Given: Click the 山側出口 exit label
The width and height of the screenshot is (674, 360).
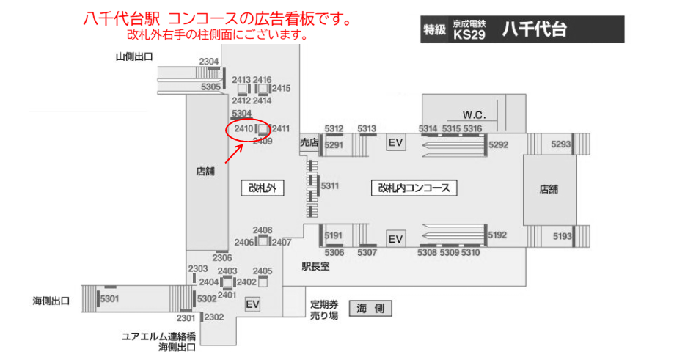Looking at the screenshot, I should (x=134, y=56).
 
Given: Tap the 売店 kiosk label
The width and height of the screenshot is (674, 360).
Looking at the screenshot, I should (x=309, y=142).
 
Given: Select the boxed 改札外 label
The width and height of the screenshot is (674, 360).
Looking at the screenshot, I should (x=262, y=188).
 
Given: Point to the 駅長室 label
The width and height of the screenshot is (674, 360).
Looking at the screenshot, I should (x=315, y=267).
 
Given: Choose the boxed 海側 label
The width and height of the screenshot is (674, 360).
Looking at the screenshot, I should (x=370, y=309).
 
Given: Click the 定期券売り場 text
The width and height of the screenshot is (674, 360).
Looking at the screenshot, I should (x=323, y=309).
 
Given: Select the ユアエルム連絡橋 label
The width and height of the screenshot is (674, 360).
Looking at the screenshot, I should (x=158, y=337).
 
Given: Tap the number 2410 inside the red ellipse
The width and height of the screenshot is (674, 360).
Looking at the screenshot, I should (x=243, y=129).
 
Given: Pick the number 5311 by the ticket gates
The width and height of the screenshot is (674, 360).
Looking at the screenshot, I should (x=330, y=185).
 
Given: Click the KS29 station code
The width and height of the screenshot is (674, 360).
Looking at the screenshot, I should (x=469, y=34).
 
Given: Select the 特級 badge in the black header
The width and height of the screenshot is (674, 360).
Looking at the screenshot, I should (x=434, y=30).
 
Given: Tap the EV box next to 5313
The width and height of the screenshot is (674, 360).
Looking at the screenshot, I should (x=396, y=142).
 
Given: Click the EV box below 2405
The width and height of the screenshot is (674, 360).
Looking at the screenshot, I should (x=253, y=304).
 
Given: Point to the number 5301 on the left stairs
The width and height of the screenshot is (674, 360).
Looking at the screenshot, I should (x=109, y=298).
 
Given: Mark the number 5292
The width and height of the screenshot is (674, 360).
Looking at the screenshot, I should (x=498, y=144).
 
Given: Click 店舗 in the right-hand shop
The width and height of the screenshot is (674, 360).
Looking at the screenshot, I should (x=549, y=188).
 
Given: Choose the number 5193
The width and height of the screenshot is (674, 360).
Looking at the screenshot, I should (x=562, y=235).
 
